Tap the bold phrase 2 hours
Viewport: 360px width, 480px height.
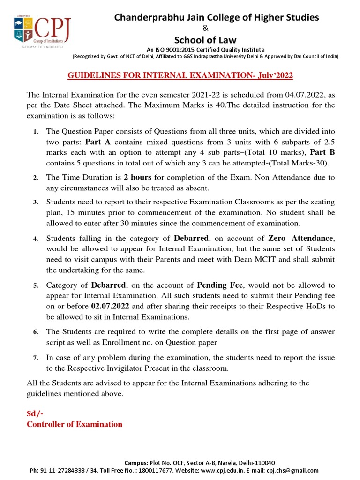click(x=138, y=178)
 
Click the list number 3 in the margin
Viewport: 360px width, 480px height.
click(x=35, y=202)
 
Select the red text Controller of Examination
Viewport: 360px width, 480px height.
click(x=75, y=424)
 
